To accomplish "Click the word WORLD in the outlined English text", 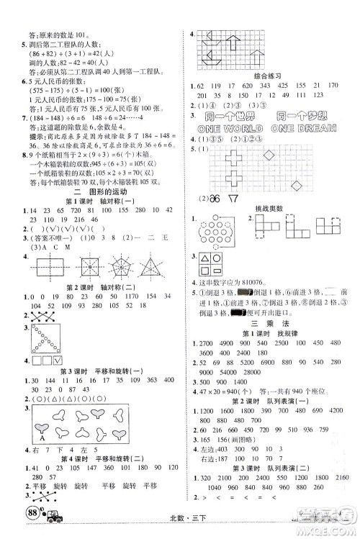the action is tap(241, 128).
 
